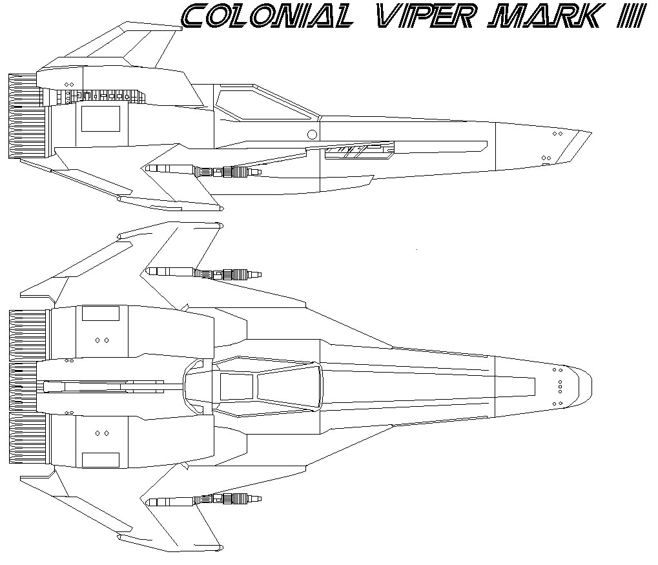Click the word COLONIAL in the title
(x=267, y=16)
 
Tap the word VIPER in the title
(x=426, y=16)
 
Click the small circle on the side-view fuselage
(x=312, y=134)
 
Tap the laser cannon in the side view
(x=203, y=170)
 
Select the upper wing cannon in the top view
(x=203, y=273)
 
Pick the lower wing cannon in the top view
(x=203, y=500)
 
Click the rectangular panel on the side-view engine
(x=101, y=119)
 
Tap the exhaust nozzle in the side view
(x=26, y=116)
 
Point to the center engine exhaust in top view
(x=23, y=386)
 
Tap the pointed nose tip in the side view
(x=591, y=133)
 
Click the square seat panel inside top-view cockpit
(x=237, y=387)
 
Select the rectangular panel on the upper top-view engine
(x=101, y=313)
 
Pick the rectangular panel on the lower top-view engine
(x=101, y=460)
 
